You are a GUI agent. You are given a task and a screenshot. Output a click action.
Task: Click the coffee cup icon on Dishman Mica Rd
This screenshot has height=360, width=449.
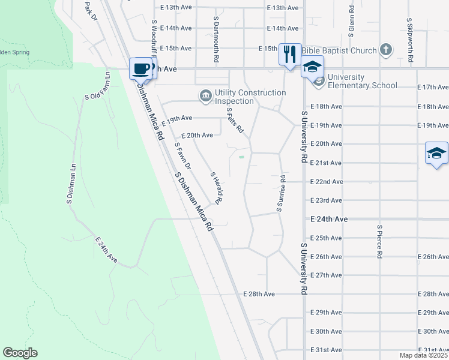click(x=142, y=68)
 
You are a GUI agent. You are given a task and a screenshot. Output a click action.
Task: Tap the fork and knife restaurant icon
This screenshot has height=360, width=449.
click(x=290, y=54)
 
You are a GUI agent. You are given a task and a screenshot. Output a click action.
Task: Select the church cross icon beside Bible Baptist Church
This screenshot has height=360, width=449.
click(x=385, y=51)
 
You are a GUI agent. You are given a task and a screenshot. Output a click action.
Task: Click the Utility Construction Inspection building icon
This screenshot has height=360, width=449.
click(x=206, y=95)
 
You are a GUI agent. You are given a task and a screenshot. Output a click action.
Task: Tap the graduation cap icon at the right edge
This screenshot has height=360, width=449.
click(x=436, y=153)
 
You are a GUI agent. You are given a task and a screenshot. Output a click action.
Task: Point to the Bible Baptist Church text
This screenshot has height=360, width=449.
click(x=340, y=51)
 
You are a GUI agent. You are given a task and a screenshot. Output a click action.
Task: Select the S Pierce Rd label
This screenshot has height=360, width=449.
click(x=379, y=242)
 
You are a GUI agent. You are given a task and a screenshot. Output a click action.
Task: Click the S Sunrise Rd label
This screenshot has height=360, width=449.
click(x=280, y=193)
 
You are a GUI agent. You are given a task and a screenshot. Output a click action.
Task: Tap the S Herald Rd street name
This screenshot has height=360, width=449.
click(x=216, y=187)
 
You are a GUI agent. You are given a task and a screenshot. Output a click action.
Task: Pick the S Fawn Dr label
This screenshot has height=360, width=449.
click(x=182, y=155)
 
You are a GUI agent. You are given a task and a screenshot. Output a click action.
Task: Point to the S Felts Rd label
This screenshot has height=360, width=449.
click(x=235, y=119)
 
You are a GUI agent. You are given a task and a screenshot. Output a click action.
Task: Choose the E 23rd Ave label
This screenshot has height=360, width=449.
click(x=326, y=200)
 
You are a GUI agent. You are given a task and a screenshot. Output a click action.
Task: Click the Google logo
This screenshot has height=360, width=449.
click(x=20, y=353)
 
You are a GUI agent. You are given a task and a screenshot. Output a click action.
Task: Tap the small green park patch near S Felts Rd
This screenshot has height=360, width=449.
click(x=241, y=157)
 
